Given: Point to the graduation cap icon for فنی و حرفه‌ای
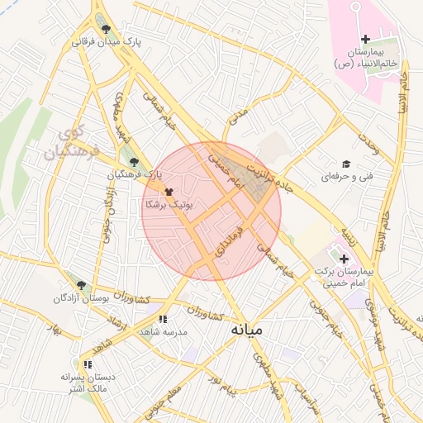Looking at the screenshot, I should [345, 164].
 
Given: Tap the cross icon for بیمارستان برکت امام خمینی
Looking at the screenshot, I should [344, 259].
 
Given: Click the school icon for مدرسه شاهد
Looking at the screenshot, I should [163, 319].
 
